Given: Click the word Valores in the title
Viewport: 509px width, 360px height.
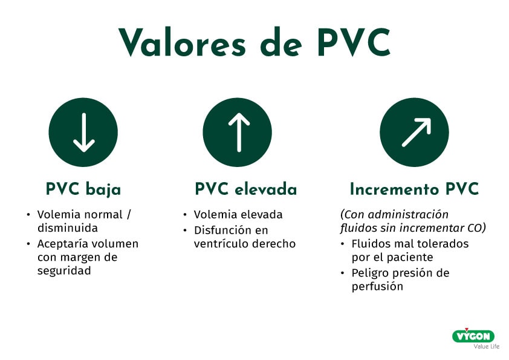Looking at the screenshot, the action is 182,42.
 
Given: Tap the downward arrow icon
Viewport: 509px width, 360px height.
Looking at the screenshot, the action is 83,133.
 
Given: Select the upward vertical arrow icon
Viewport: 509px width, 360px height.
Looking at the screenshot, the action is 239,133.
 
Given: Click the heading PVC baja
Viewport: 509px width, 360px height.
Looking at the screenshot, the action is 83,189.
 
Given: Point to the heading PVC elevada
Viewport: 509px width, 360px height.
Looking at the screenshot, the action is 246,189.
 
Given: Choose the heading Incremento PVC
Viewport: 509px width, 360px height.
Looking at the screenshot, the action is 415,189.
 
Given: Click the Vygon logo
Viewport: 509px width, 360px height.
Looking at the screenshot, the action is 473,336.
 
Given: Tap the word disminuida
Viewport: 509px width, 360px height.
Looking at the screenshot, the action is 68,228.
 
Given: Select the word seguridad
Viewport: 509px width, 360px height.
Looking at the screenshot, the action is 64,271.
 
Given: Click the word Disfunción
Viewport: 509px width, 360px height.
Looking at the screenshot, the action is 222,231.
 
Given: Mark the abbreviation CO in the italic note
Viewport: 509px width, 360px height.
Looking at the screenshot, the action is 476,228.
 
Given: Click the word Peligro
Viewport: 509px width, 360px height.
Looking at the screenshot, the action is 370,273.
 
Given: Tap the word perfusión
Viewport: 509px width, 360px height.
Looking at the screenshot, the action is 378,287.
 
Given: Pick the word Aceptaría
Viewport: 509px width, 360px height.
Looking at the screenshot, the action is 60,244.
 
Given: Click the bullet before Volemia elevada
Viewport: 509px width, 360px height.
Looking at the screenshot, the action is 185,215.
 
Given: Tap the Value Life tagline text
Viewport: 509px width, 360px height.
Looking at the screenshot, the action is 486,346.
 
